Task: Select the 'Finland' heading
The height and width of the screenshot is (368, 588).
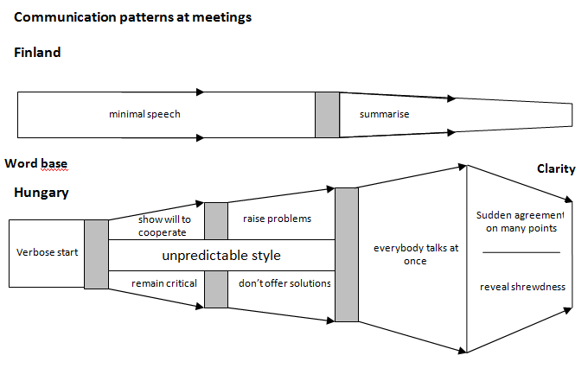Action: click(x=37, y=53)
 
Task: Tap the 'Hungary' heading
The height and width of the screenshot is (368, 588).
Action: click(x=42, y=193)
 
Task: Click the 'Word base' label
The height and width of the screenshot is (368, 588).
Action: click(x=35, y=163)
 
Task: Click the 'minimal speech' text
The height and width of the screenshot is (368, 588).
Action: click(x=144, y=114)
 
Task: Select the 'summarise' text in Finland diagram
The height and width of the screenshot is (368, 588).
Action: click(x=384, y=114)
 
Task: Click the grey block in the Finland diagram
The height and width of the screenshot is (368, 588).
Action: click(x=327, y=114)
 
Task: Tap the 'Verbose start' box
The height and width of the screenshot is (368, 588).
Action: click(x=46, y=253)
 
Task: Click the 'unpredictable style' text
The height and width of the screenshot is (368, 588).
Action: click(x=221, y=256)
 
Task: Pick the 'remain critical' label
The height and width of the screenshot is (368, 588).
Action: click(x=163, y=283)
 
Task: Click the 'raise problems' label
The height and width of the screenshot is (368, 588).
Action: click(x=277, y=219)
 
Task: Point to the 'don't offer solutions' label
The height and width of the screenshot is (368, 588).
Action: click(x=284, y=283)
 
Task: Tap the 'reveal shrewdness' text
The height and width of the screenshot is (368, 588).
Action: click(x=522, y=287)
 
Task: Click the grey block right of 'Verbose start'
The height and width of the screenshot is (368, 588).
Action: click(x=96, y=254)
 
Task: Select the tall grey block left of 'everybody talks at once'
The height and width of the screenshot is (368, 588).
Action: click(x=346, y=254)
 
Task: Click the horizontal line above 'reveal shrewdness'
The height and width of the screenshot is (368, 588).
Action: click(x=521, y=252)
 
